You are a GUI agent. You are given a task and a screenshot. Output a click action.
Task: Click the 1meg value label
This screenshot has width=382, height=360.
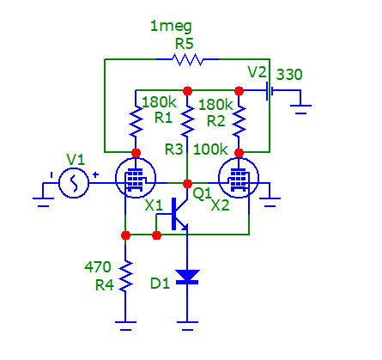(171, 27)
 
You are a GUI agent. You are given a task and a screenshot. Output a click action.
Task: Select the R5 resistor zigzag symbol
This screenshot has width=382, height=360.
(187, 59)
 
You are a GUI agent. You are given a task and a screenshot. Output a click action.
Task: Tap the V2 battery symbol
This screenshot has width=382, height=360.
(270, 91)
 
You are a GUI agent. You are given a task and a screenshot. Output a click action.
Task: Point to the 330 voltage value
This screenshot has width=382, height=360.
(289, 75)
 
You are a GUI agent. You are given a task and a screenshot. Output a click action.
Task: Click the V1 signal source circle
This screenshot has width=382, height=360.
(74, 183)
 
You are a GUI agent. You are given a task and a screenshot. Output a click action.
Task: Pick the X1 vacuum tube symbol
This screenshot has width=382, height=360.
(136, 178)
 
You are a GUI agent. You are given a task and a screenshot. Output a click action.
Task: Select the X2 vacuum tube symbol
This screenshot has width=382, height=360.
(239, 178)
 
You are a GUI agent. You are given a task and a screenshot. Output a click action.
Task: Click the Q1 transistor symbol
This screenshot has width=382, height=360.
(179, 214)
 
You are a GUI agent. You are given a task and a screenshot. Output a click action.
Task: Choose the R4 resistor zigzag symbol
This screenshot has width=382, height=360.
(125, 276)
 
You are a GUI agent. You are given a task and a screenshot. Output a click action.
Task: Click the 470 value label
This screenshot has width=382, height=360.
(98, 267)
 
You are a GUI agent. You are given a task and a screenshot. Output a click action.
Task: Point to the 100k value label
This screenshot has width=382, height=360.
(210, 149)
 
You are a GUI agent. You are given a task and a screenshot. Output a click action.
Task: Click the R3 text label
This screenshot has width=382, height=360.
(173, 149)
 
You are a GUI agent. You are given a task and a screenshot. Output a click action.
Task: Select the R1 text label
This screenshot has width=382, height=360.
(163, 118)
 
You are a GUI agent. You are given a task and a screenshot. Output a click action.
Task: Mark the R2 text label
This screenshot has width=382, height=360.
(215, 121)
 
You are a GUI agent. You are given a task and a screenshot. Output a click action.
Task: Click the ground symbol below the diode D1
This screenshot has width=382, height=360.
(187, 326)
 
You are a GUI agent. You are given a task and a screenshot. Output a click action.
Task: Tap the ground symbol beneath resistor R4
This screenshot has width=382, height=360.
(125, 326)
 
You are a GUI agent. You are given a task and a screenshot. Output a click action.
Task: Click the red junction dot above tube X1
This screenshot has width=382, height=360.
(136, 153)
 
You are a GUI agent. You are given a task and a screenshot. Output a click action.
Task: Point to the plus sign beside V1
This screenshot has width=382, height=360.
(95, 174)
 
